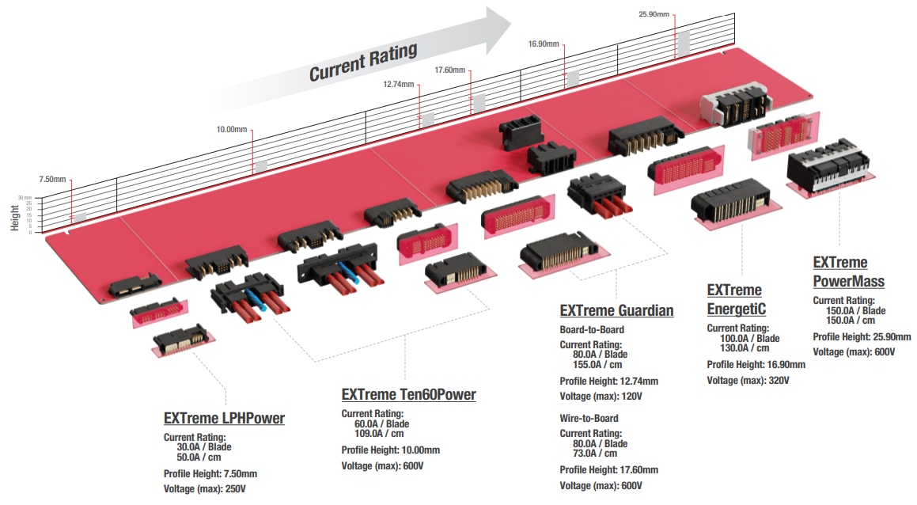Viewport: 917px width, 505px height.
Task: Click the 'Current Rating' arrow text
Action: coord(362,63)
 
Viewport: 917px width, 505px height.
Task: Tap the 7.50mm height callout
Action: coord(54,180)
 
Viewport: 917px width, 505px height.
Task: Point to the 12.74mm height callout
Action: coord(399,84)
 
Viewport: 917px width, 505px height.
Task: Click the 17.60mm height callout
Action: coord(449,70)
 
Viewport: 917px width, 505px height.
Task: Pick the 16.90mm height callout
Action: coord(544,44)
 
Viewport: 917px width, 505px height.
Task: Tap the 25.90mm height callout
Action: coord(654,14)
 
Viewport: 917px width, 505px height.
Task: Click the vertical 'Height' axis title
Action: coord(14,218)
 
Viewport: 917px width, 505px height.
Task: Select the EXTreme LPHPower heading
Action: coord(224,419)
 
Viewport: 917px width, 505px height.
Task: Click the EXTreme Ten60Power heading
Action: coord(408,394)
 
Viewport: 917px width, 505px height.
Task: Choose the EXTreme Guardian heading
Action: coord(616,310)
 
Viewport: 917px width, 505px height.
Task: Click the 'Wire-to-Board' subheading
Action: coord(589,418)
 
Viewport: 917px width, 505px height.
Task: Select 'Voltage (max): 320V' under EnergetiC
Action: coord(748,381)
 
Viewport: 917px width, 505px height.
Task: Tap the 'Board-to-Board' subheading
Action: coord(592,329)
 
